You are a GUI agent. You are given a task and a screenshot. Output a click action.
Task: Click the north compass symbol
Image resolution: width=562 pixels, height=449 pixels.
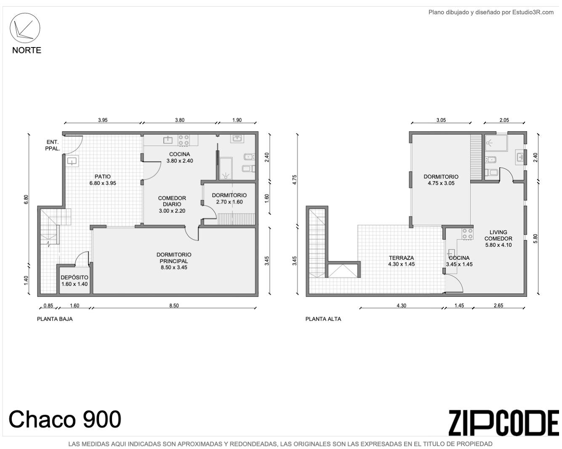(x=25, y=28)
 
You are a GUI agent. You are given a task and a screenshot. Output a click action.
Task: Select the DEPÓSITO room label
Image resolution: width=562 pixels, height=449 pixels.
(x=75, y=277)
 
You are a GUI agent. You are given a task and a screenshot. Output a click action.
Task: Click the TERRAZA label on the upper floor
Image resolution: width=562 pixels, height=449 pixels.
(x=401, y=258)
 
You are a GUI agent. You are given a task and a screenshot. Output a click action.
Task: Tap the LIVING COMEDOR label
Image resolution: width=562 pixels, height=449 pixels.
(x=498, y=235)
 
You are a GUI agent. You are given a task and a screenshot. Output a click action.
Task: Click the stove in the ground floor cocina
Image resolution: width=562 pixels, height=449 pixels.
(x=184, y=140)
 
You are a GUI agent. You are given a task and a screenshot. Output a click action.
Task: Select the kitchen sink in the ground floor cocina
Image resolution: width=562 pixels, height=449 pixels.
(x=168, y=140)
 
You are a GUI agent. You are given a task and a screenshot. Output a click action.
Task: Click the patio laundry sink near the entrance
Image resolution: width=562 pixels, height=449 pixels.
(x=72, y=161)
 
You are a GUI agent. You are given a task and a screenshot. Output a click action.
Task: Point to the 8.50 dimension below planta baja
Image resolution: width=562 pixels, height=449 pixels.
(x=174, y=306)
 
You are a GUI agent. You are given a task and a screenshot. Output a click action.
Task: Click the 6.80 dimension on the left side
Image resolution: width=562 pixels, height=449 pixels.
(x=26, y=199)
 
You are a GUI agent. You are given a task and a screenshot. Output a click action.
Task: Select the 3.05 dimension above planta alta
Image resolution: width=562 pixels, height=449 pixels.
(x=441, y=120)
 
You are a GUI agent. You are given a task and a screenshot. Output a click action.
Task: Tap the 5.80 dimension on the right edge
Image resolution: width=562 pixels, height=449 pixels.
(x=535, y=238)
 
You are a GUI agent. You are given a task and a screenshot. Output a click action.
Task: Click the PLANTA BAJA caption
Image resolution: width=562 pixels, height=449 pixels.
(x=55, y=319)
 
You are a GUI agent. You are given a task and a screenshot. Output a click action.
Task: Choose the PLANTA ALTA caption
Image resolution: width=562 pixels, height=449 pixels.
(x=323, y=319)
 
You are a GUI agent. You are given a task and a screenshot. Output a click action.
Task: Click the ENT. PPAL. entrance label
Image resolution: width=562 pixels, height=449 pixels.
(x=53, y=145)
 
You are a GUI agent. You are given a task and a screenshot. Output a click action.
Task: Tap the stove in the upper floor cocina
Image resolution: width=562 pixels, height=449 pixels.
(x=467, y=234)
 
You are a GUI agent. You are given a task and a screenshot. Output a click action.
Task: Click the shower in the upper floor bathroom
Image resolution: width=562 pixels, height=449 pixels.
(x=496, y=143)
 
